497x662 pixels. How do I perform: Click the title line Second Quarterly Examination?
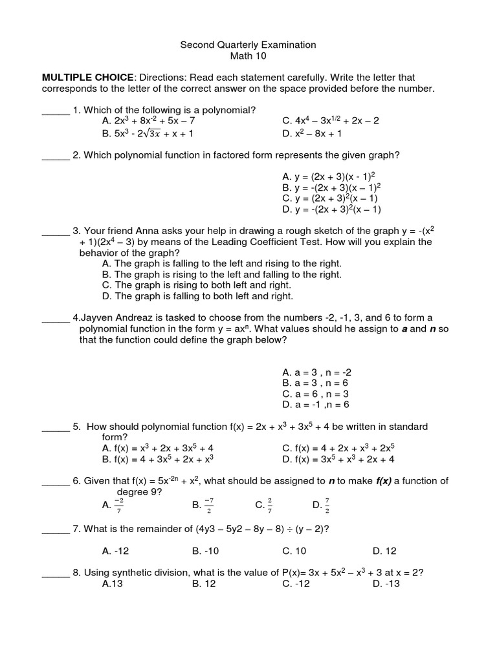point(248,45)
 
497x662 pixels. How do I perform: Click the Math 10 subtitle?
point(248,56)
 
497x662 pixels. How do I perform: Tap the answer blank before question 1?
point(56,111)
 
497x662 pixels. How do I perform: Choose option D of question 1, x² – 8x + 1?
point(312,133)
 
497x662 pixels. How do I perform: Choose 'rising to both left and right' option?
point(197,285)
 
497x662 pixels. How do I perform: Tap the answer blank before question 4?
point(56,318)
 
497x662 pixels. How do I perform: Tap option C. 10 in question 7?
point(294,551)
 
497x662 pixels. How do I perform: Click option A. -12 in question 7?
point(113,551)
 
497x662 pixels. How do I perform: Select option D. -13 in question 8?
point(386,583)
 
